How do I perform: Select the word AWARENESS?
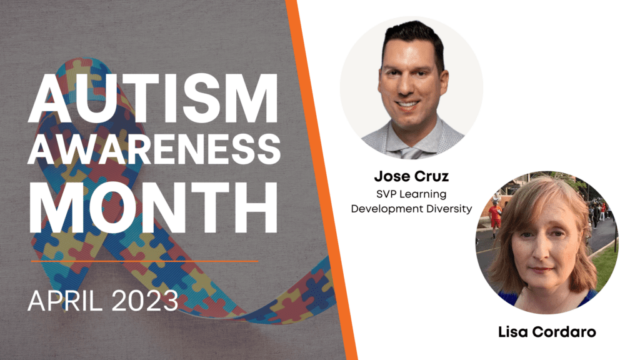click(154, 149)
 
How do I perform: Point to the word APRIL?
click(65, 301)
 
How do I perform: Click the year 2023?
click(144, 301)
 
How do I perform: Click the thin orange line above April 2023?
click(144, 261)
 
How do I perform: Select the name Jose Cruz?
click(411, 176)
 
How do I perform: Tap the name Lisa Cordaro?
click(547, 332)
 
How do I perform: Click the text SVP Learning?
click(411, 195)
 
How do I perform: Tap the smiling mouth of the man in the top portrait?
click(407, 104)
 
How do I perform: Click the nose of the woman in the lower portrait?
click(542, 251)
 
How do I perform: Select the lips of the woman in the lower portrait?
click(542, 270)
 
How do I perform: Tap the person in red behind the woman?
click(496, 216)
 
